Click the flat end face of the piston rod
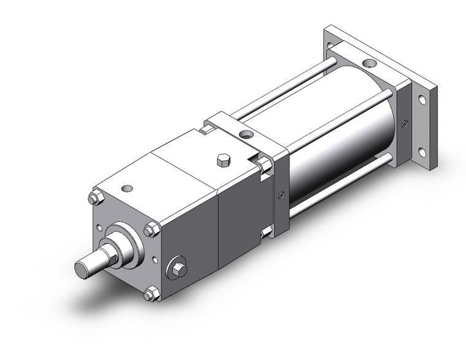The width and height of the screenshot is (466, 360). point(83,269)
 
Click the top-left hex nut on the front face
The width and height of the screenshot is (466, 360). point(94,198)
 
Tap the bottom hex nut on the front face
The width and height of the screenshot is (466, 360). point(150,294)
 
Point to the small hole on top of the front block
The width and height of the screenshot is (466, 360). point(128,188)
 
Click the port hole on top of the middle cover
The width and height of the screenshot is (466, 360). point(246,133)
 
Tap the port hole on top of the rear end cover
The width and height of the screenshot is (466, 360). point(367,63)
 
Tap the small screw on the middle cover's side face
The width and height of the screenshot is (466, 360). point(280,196)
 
